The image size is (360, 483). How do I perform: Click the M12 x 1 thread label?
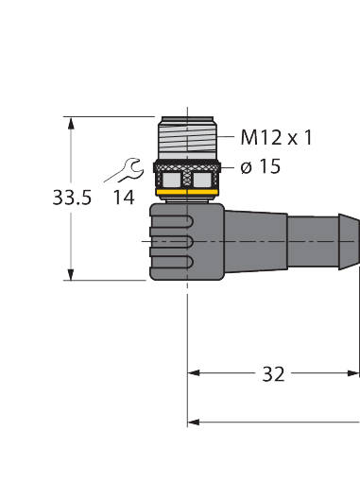coord(276,138)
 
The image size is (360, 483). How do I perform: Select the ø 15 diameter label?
coord(260,166)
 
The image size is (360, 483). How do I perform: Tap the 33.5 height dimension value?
coord(72,198)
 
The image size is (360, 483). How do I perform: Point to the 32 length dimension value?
coord(273,374)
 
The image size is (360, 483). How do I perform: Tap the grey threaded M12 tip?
coord(190,138)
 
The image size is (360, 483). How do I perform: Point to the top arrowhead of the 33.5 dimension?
coord(70,122)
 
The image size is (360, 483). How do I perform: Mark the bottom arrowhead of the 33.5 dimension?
coord(70,275)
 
